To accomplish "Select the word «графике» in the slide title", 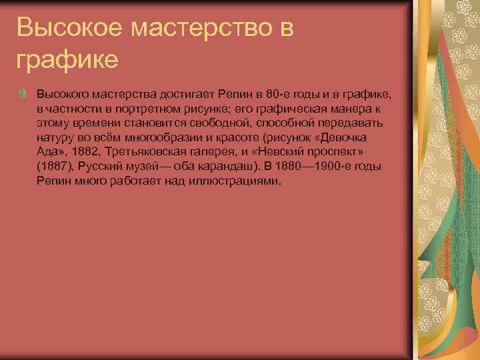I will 67,59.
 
